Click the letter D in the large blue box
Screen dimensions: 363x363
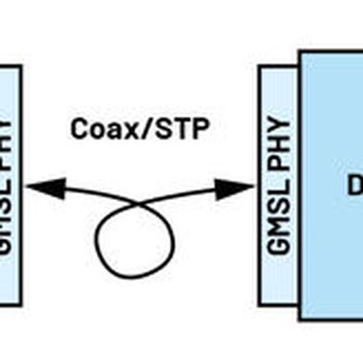(353, 186)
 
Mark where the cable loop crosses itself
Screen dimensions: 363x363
(140, 202)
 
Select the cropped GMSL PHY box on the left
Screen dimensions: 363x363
(9, 185)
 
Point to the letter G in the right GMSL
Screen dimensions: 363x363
(279, 244)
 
